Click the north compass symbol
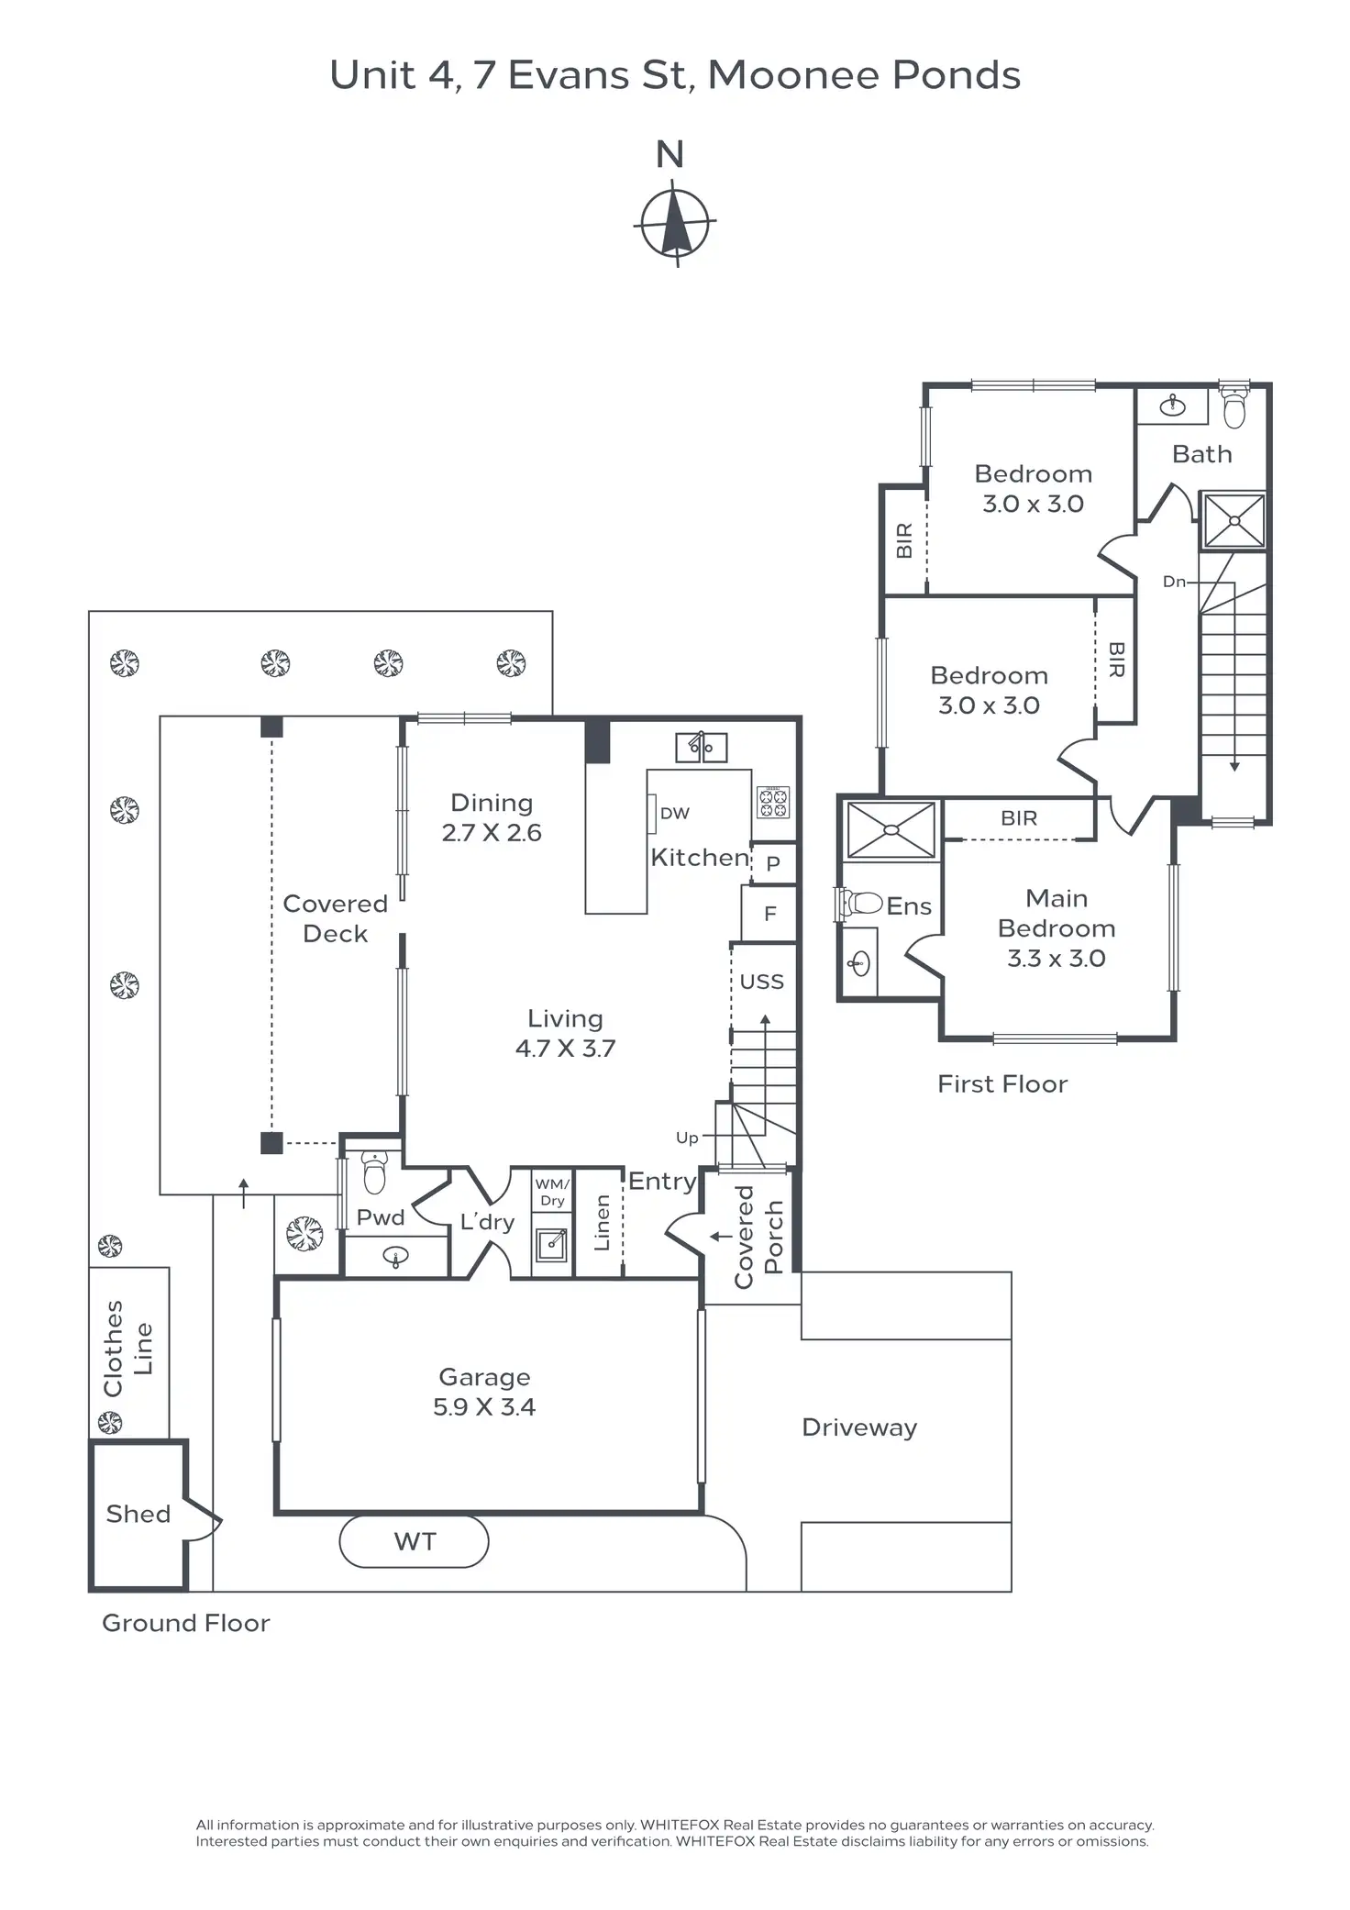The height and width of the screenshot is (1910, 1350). coord(675,223)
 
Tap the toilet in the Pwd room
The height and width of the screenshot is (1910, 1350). coord(375,1172)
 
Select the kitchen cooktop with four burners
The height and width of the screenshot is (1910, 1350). coord(773,802)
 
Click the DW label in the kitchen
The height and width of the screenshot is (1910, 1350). coord(675,814)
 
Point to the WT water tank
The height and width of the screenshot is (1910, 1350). coord(415,1542)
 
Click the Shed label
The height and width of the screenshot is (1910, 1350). coord(138,1515)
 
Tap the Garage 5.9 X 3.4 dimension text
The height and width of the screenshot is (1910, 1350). coord(484,1407)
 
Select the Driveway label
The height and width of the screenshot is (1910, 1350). coord(859,1428)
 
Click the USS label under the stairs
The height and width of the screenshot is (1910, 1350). coord(762,983)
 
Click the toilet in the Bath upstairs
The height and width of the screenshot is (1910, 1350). coord(1234,409)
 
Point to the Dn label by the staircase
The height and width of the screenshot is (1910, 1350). coord(1174,582)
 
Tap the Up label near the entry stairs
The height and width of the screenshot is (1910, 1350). coord(687,1138)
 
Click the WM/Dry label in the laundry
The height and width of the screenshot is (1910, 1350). coord(552,1193)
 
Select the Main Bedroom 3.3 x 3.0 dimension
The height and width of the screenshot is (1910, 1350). coord(1057,959)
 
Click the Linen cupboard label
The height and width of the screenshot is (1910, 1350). coord(602,1223)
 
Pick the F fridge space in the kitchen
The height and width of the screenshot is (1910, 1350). coord(770,914)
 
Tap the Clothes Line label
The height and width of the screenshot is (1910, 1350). coord(128,1349)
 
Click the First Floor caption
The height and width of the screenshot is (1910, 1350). coord(1002,1084)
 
